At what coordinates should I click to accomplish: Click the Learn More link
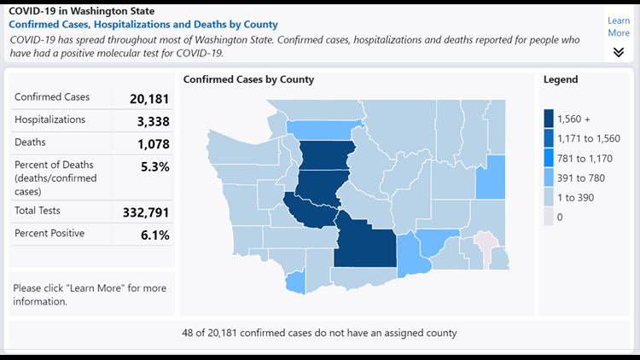point(619,26)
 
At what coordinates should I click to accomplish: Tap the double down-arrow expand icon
point(619,52)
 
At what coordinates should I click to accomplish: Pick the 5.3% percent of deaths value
point(154,166)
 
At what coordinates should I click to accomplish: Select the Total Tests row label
point(38,210)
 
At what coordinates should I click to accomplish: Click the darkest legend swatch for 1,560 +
point(548,119)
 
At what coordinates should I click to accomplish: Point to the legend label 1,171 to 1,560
point(588,138)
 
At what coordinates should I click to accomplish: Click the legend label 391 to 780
point(580,177)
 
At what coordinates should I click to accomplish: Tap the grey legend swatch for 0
point(548,217)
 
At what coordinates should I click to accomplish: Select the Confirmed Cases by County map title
point(248,79)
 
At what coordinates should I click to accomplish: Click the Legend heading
point(561,79)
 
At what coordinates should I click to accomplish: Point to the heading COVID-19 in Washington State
point(82,11)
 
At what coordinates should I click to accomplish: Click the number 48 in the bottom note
point(189,333)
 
